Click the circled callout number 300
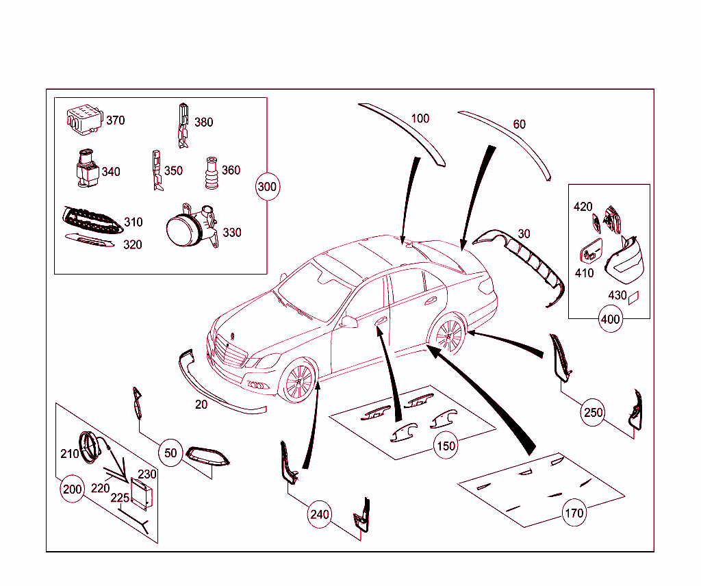pyautogui.click(x=267, y=186)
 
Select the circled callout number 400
pyautogui.click(x=610, y=319)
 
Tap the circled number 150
pyautogui.click(x=446, y=446)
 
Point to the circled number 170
pyautogui.click(x=574, y=513)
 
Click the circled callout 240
pyautogui.click(x=319, y=514)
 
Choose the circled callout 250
pyautogui.click(x=593, y=413)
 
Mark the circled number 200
pyautogui.click(x=72, y=489)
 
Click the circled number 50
pyautogui.click(x=170, y=453)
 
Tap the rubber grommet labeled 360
pyautogui.click(x=211, y=173)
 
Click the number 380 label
pyautogui.click(x=203, y=122)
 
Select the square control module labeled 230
pyautogui.click(x=142, y=494)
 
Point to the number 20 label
pyautogui.click(x=201, y=405)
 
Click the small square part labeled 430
pyautogui.click(x=634, y=297)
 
